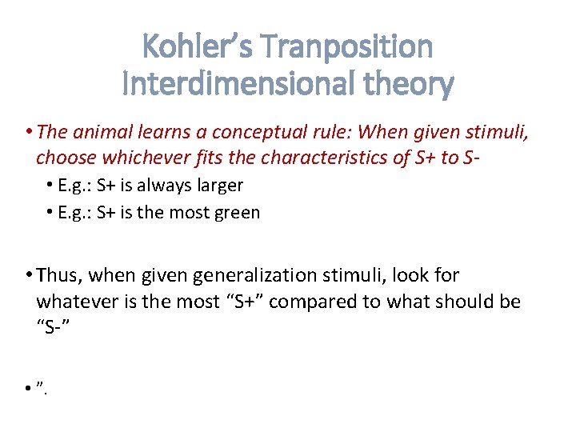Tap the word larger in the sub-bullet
pos(218,186)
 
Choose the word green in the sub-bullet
pos(238,213)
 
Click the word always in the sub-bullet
pos(165,186)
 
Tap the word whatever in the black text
pos(74,301)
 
